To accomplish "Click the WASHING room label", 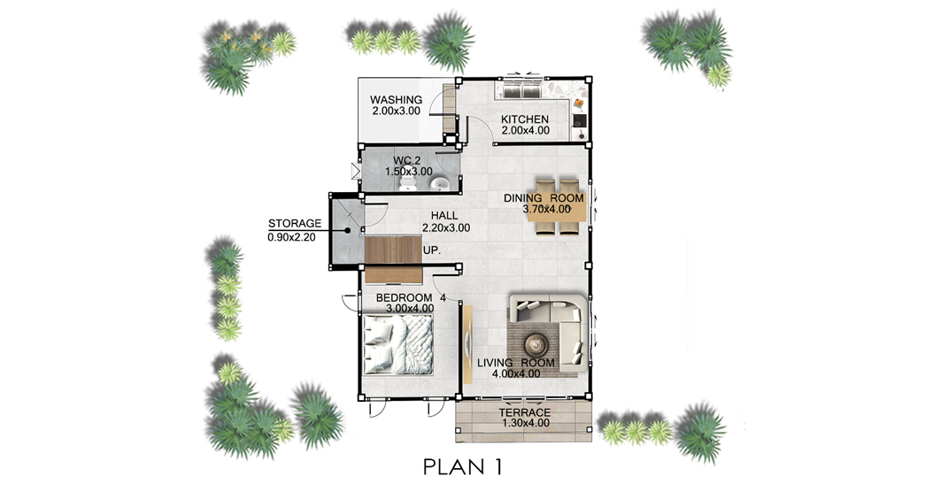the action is point(396,100).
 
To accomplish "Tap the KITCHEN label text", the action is point(524,119).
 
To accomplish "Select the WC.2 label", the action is point(407,160).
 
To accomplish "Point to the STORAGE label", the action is point(295,224).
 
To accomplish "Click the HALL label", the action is point(444,216).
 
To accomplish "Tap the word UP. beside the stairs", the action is point(432,250).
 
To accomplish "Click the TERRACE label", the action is point(524,412).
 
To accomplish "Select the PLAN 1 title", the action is point(462,467).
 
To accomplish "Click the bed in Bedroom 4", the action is point(397,345).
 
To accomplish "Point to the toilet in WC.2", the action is point(408,184).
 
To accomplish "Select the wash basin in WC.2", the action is point(440,184).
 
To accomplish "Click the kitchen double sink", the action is point(522,90).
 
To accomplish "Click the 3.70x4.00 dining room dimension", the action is point(546,209).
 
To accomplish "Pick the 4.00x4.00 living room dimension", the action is point(515,373).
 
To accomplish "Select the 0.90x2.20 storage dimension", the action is point(291,237).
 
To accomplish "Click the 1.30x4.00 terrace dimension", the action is point(525,423).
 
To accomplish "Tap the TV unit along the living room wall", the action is point(467,344).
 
